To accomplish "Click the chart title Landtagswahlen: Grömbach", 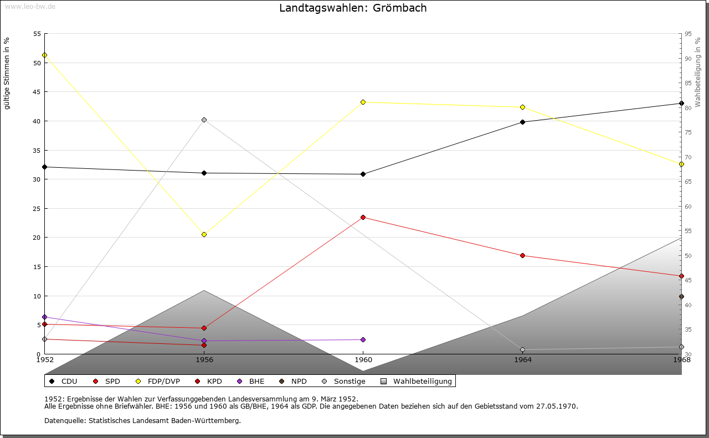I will [x=353, y=8].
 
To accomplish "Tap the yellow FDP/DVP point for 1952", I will [x=44, y=55].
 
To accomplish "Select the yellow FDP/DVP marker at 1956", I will [x=204, y=234].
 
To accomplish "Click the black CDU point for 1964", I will [x=522, y=122].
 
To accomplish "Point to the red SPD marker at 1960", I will [x=363, y=217].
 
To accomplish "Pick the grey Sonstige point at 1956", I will [x=204, y=120].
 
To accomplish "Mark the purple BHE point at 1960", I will [x=363, y=339].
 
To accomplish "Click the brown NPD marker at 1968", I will [x=681, y=296].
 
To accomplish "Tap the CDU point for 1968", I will [x=681, y=103].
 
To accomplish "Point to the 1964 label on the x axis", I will [x=522, y=359].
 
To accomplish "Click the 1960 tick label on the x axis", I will [x=363, y=359].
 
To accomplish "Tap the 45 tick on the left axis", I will [x=37, y=92].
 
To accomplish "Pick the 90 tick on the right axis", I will [x=688, y=58].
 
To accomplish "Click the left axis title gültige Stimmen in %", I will [x=7, y=73].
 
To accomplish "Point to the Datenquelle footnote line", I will [x=142, y=420].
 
